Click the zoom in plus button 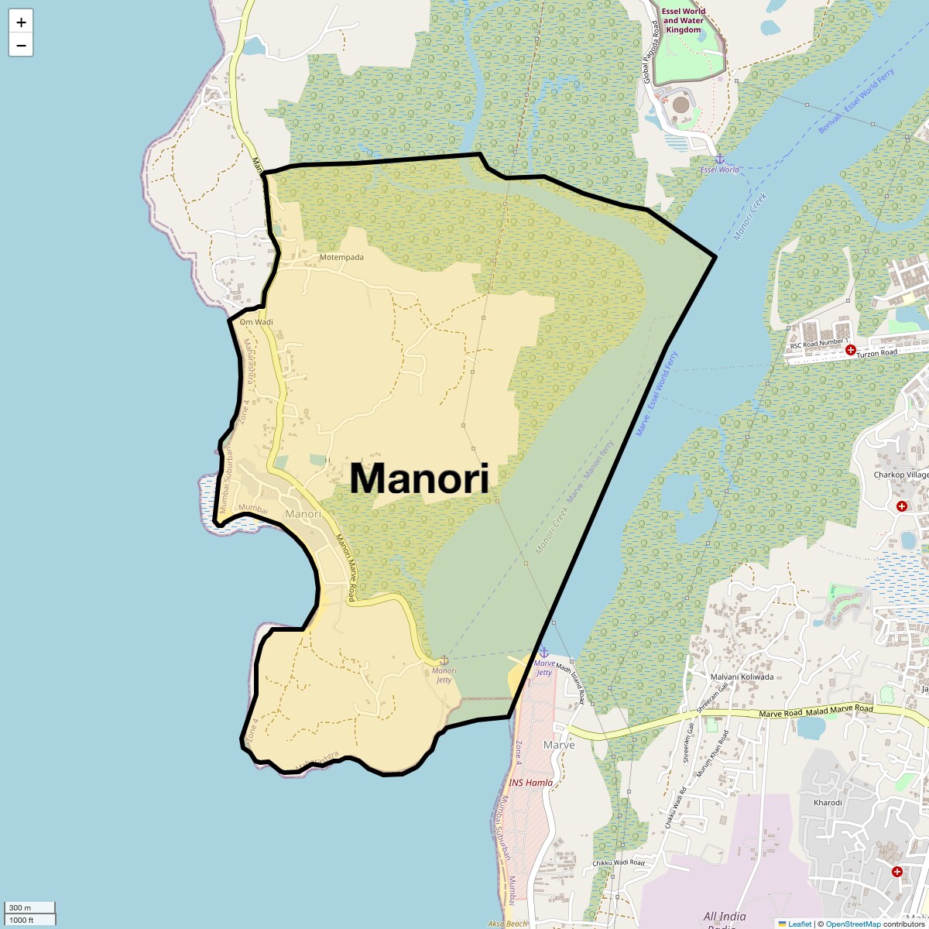click(x=21, y=22)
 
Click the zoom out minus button click(x=21, y=45)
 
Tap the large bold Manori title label click(x=419, y=478)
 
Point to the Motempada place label click(x=341, y=257)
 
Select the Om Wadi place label click(x=256, y=322)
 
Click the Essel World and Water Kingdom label click(x=683, y=21)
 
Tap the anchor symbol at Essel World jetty click(x=719, y=159)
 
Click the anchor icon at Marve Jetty click(x=543, y=653)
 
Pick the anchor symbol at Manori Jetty click(x=444, y=660)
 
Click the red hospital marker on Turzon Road click(x=850, y=350)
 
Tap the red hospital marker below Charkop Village click(x=902, y=506)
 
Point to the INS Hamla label click(x=530, y=783)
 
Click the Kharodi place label click(x=828, y=803)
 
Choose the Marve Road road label click(x=783, y=714)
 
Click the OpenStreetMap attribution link click(x=853, y=924)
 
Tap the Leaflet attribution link click(x=799, y=924)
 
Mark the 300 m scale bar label click(x=21, y=907)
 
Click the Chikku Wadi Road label click(x=618, y=862)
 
